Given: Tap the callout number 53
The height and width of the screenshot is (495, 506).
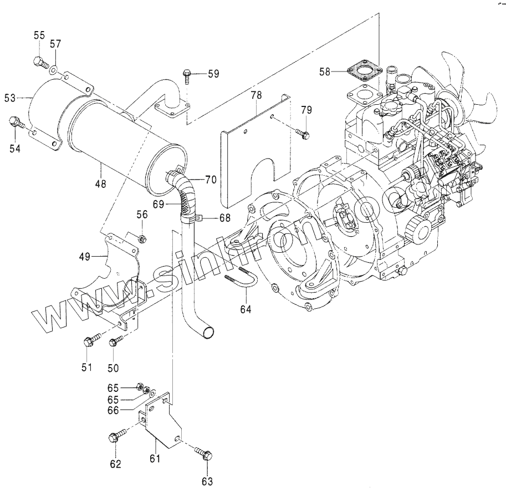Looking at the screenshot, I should [x=9, y=98].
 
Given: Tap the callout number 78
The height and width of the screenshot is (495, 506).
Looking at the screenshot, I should [x=255, y=96].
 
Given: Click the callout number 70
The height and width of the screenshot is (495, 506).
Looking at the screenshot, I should [x=211, y=179].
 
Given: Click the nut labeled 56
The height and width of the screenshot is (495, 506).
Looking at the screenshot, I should [x=142, y=238].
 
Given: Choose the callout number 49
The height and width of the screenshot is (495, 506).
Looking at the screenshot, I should [x=84, y=256].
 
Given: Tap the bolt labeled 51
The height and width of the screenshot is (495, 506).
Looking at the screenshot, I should [x=91, y=340].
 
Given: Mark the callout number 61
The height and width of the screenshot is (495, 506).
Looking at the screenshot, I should [x=155, y=458].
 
